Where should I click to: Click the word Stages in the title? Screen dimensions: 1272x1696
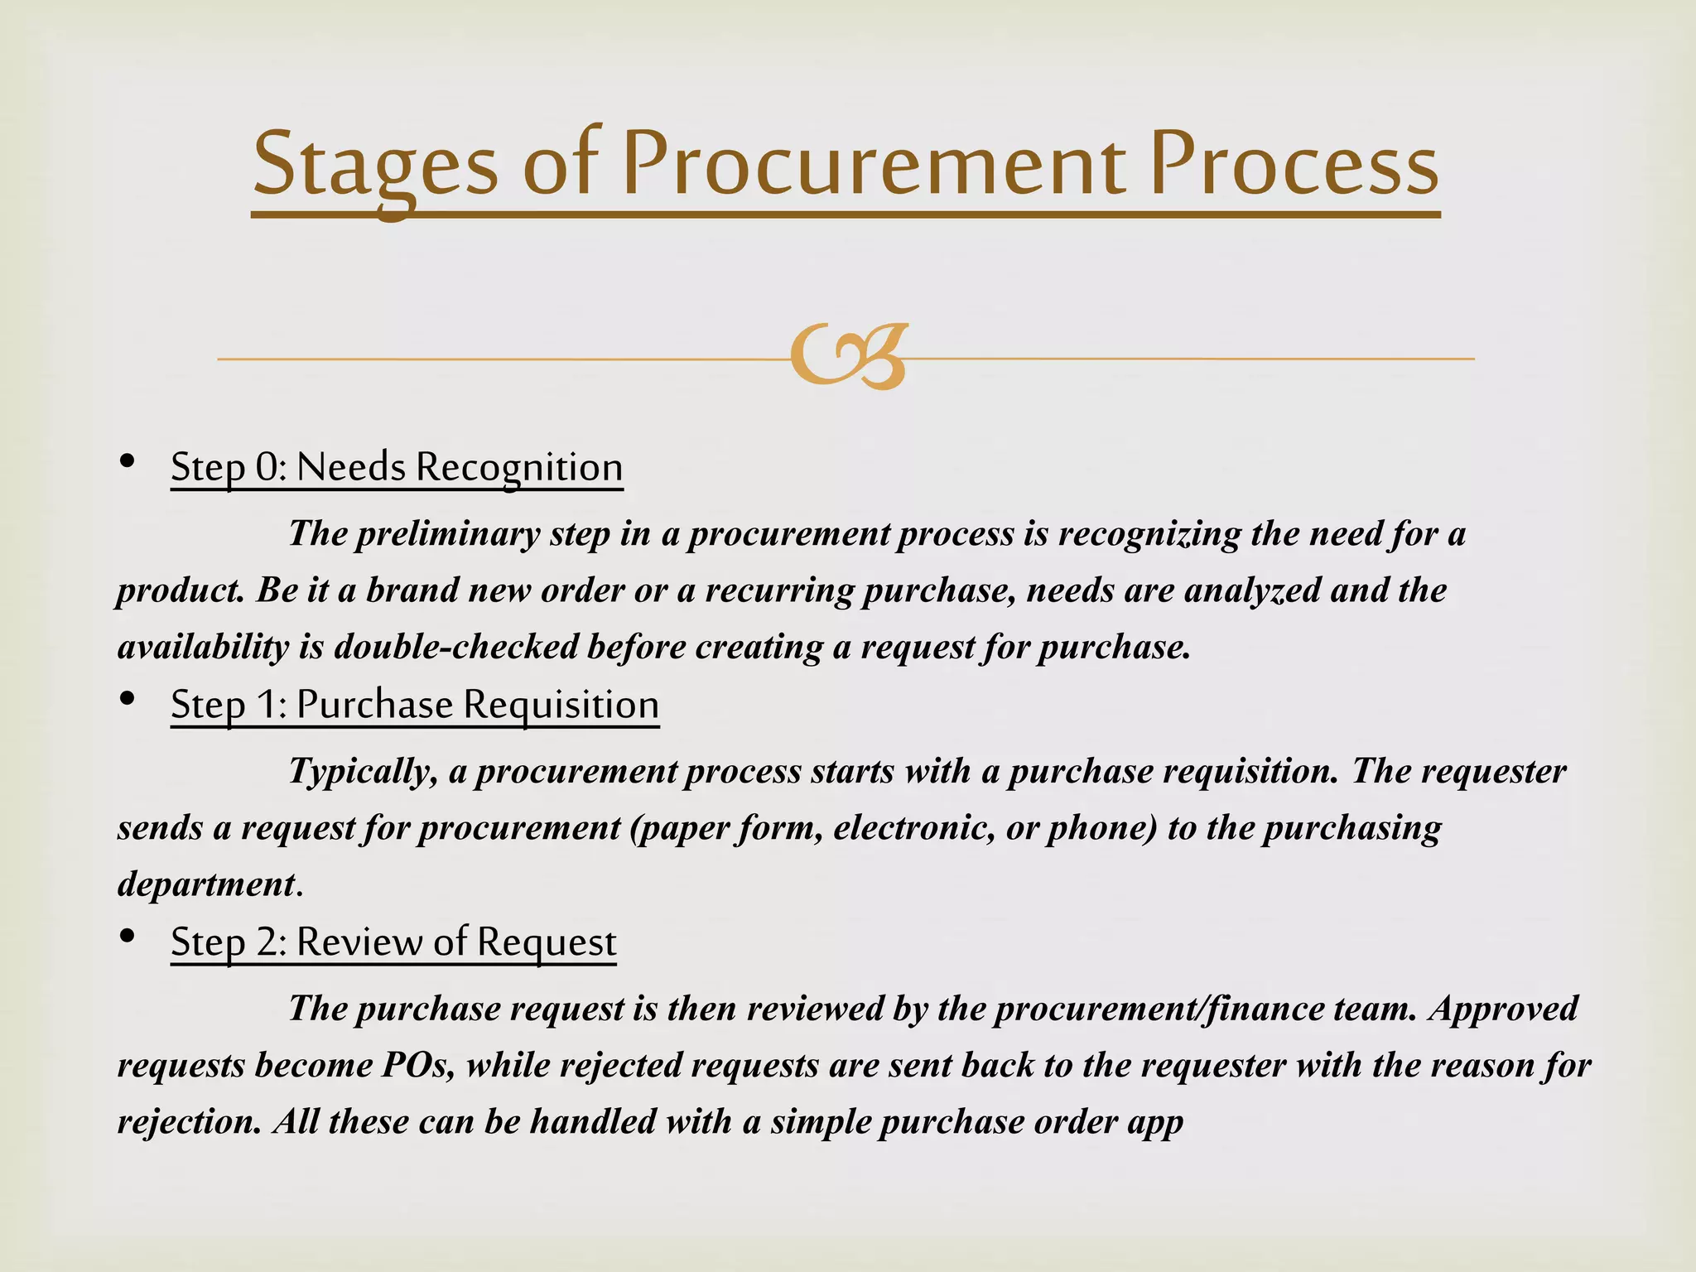tap(374, 166)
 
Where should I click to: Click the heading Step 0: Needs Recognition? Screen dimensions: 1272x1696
tap(397, 467)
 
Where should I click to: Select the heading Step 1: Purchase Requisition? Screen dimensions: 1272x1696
tap(415, 705)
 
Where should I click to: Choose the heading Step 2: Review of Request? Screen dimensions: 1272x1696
tap(393, 942)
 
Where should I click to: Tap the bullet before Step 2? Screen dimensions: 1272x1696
tap(127, 937)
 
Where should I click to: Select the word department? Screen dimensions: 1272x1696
tap(206, 884)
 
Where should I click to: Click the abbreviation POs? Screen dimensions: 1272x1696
tap(417, 1066)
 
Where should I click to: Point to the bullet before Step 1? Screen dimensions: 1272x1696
tap(127, 699)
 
